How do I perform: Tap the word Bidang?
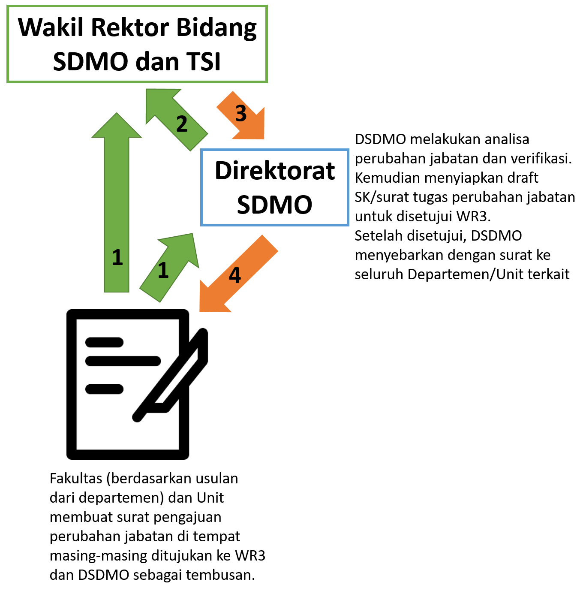216,28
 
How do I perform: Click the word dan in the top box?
157,61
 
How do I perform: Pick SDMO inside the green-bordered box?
90,61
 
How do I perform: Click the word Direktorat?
275,171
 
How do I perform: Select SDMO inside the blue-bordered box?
275,205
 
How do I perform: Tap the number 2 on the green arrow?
182,124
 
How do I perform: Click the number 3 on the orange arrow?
241,114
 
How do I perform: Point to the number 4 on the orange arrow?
234,275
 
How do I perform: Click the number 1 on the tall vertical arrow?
117,257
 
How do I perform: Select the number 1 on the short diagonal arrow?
163,271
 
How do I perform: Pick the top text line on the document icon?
105,342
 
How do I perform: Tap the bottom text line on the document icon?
105,389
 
